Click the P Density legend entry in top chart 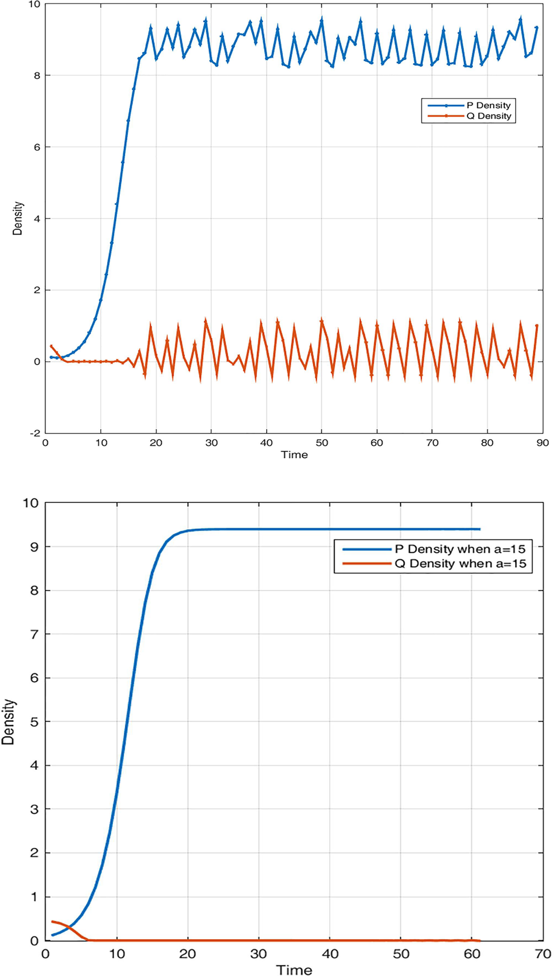[x=488, y=105]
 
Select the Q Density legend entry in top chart [x=488, y=116]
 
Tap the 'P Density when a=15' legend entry [x=459, y=549]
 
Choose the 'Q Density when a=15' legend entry [x=459, y=564]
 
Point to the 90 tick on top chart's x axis [x=542, y=443]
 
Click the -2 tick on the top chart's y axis [x=35, y=433]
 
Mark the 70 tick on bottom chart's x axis [x=542, y=954]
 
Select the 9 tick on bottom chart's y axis [x=34, y=547]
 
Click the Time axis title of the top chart [x=294, y=455]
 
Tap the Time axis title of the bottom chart [x=294, y=970]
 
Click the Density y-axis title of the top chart [x=18, y=218]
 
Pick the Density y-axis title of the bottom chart [x=8, y=722]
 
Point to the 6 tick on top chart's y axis [x=37, y=147]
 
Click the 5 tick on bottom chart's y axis [x=34, y=722]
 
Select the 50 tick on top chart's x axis [x=322, y=443]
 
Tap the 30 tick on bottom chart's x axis [x=258, y=954]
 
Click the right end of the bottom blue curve [x=479, y=529]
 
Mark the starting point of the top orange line [x=51, y=346]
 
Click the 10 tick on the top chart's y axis [x=35, y=4]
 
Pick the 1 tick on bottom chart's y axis [x=34, y=897]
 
